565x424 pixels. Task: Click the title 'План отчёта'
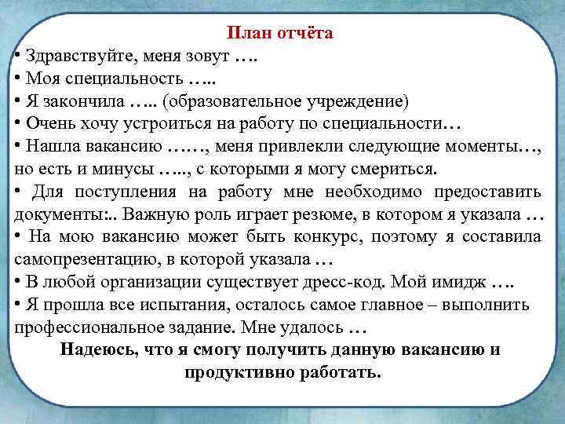(280, 33)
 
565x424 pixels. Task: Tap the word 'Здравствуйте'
(71, 57)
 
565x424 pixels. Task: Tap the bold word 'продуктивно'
(235, 372)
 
